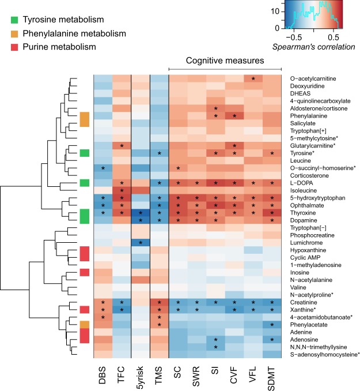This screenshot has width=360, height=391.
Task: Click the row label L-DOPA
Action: [302, 183]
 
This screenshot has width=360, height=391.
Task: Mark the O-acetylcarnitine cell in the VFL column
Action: [253, 78]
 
